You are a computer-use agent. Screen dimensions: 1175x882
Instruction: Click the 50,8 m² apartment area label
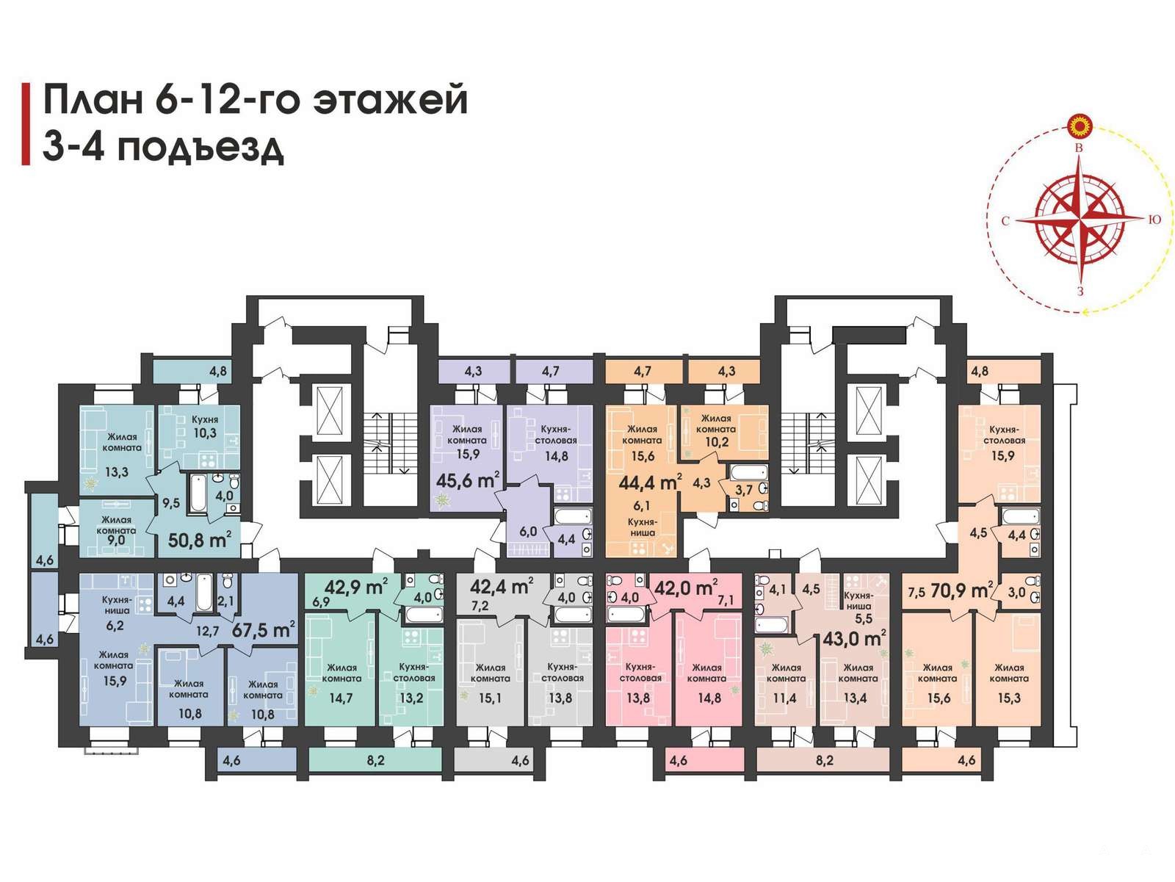[199, 539]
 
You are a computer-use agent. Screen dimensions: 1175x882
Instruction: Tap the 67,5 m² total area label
[264, 629]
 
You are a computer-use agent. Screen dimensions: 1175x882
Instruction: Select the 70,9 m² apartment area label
[962, 591]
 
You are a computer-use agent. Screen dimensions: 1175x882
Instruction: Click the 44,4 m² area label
[650, 482]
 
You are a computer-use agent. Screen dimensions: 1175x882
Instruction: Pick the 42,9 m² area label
[356, 587]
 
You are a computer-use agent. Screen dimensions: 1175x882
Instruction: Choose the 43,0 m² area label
[854, 638]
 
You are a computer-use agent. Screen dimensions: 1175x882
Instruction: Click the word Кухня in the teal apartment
[204, 419]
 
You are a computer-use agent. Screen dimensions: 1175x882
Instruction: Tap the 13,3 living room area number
[117, 472]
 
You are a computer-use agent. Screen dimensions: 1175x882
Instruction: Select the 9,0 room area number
[115, 540]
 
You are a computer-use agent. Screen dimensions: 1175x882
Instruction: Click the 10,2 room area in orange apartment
[715, 443]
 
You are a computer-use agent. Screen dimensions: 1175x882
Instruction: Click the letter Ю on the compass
[1154, 220]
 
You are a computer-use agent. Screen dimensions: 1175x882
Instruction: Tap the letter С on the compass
[1005, 221]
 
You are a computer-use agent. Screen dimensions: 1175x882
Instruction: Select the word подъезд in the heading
[200, 147]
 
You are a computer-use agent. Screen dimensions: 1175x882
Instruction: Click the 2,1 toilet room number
[225, 601]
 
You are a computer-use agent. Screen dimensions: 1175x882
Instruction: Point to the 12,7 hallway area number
[207, 631]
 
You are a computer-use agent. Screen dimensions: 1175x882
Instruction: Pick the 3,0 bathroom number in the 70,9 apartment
[1016, 592]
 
